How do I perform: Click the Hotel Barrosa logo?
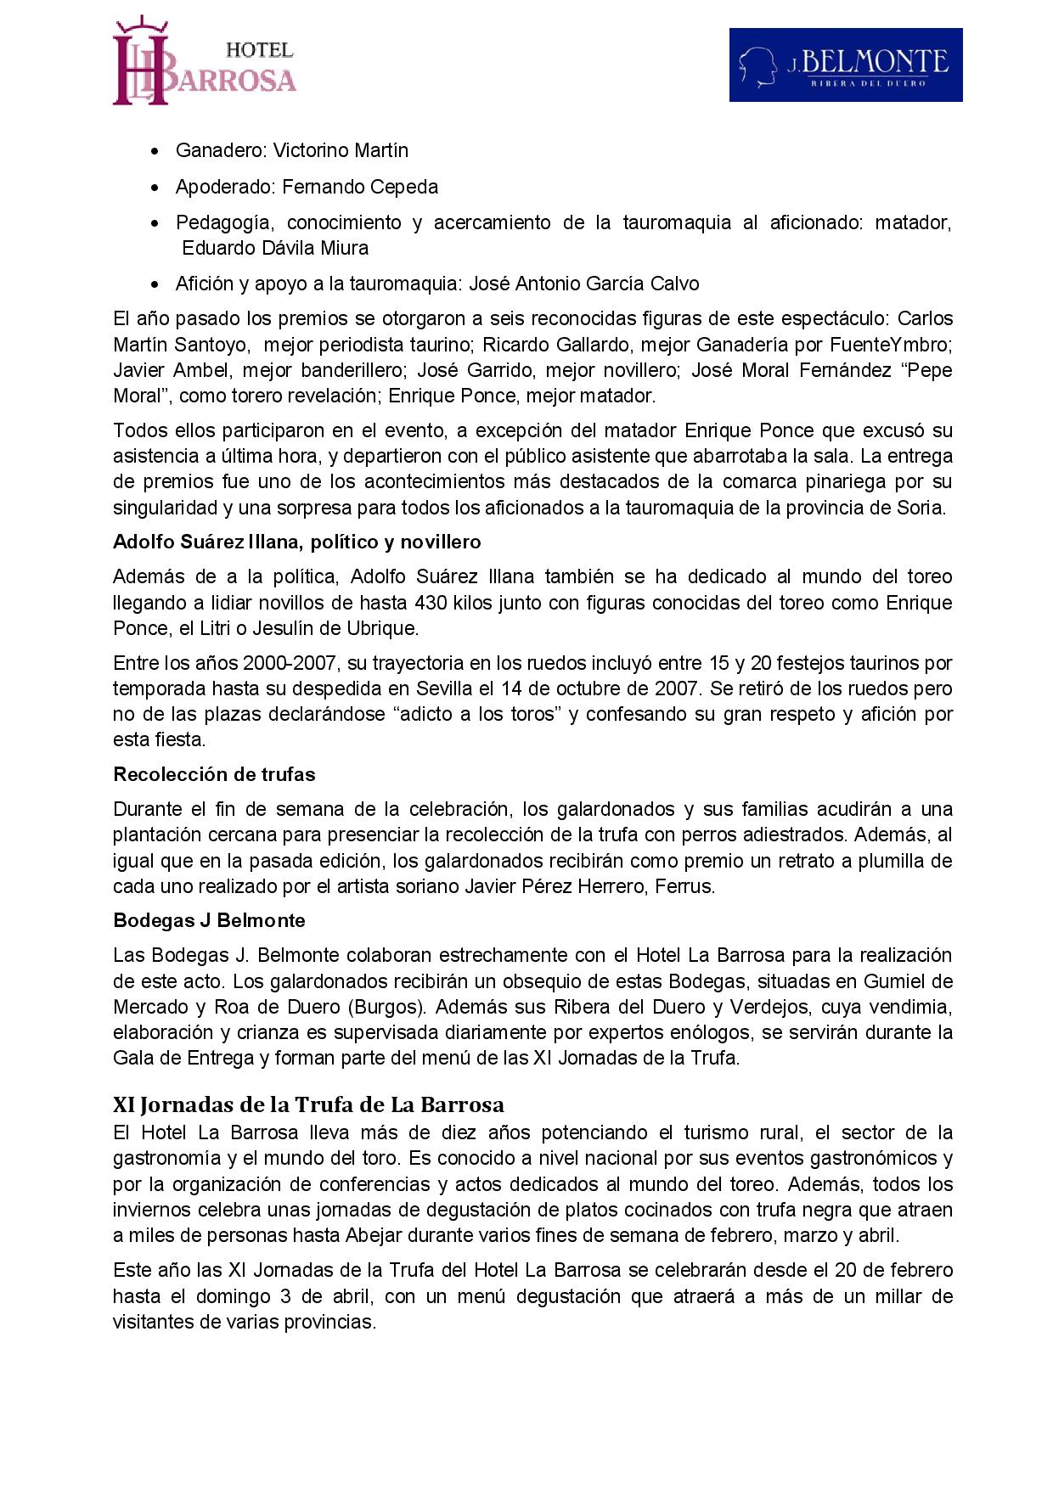point(204,65)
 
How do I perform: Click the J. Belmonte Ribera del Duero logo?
point(845,65)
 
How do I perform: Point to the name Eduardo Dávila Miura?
point(275,248)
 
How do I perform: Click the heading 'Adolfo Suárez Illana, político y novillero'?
point(297,542)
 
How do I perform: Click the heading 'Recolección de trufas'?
point(214,774)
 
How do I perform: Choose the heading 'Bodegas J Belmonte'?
point(209,920)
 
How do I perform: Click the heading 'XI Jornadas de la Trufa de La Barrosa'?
point(308,1104)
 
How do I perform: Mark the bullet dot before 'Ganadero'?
point(154,151)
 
